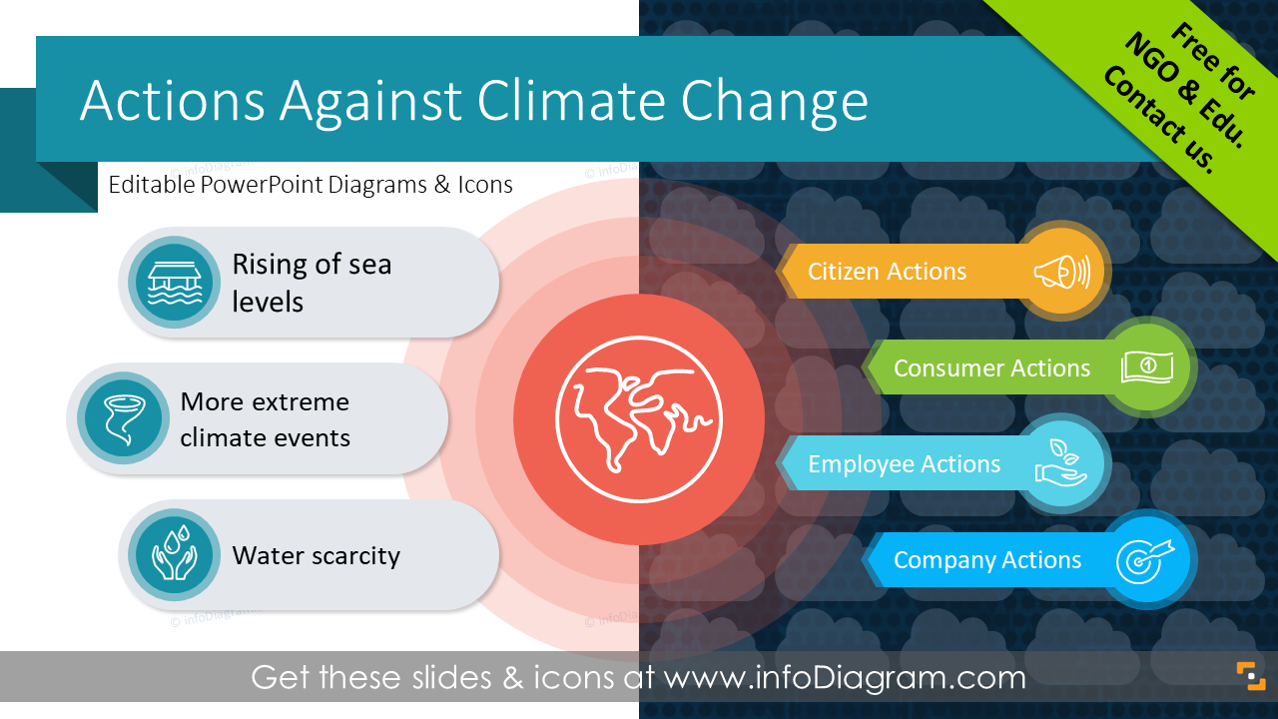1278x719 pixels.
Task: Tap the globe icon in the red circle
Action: [638, 418]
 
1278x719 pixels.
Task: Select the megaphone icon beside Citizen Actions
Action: [1061, 271]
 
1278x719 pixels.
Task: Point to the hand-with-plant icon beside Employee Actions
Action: [1061, 464]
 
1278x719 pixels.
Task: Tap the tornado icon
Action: [123, 418]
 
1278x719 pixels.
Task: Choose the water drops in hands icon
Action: [175, 555]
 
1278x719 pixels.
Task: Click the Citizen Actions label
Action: [887, 272]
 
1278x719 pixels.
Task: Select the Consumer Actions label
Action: [991, 368]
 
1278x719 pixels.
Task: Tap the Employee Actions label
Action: [904, 464]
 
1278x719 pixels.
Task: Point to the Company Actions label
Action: [986, 561]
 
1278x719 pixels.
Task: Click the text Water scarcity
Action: [316, 556]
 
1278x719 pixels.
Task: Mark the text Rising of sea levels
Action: [312, 283]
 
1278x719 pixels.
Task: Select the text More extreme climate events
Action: [265, 419]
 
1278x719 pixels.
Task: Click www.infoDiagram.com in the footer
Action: [845, 678]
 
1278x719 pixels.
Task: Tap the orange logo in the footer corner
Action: [1250, 676]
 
